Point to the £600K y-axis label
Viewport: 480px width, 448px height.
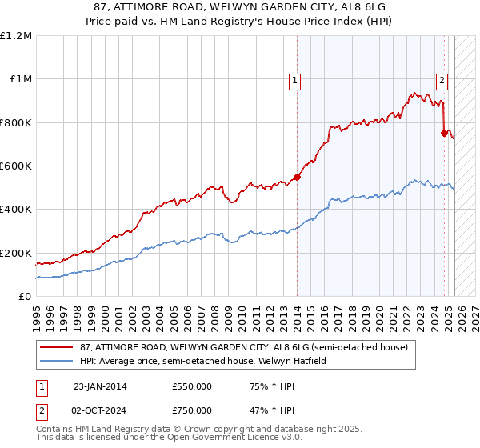pyautogui.click(x=16, y=166)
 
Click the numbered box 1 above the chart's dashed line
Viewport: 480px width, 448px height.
pyautogui.click(x=295, y=79)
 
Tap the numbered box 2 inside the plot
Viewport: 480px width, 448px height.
pyautogui.click(x=442, y=79)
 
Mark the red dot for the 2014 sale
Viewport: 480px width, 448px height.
pyautogui.click(x=297, y=177)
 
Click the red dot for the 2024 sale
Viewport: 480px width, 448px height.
pyautogui.click(x=443, y=134)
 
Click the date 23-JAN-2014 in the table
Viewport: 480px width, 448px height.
pyautogui.click(x=100, y=386)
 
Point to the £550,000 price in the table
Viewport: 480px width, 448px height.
pyautogui.click(x=190, y=386)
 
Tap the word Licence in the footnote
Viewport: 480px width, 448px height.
pyautogui.click(x=214, y=439)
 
